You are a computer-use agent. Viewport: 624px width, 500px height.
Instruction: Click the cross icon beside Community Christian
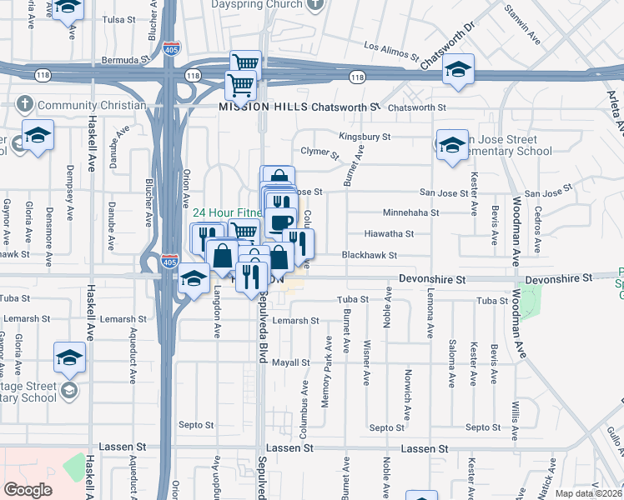25,105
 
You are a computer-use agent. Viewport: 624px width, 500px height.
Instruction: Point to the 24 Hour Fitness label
227,212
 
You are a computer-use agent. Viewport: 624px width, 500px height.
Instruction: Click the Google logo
28,490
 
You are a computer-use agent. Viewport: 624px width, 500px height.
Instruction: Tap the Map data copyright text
589,493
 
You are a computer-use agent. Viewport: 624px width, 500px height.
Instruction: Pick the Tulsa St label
117,18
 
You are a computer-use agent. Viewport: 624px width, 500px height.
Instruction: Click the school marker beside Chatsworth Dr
458,70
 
